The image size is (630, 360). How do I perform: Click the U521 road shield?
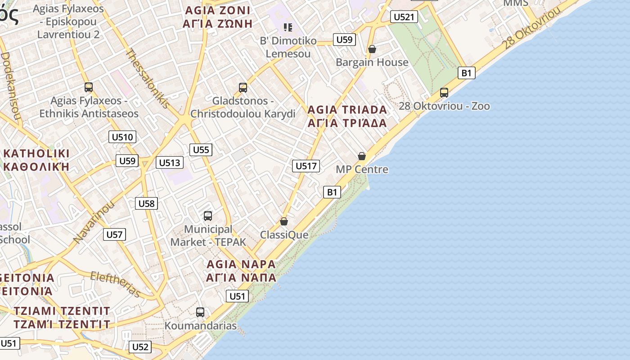(403, 17)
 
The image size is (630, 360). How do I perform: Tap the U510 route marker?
(122, 137)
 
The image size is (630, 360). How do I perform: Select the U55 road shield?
(201, 150)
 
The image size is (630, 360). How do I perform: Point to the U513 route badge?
(170, 163)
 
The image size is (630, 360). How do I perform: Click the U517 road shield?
(306, 166)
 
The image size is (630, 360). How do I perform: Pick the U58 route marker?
(146, 203)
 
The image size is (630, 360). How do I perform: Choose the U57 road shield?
(114, 234)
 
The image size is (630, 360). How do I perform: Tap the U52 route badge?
(140, 347)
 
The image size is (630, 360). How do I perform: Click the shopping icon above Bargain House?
(372, 49)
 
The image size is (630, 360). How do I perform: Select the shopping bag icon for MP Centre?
(362, 156)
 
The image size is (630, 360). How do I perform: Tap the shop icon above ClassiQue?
(284, 221)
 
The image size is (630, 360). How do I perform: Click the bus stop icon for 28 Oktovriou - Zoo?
(444, 93)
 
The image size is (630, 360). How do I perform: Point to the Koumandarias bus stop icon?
(200, 312)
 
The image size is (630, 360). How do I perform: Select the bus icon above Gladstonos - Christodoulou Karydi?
(243, 87)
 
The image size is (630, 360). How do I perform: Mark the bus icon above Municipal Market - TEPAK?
(208, 216)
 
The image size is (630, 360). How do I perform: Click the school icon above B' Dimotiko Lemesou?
(288, 27)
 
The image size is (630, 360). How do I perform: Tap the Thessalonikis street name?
(148, 78)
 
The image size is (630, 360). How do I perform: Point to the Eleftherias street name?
(115, 284)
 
